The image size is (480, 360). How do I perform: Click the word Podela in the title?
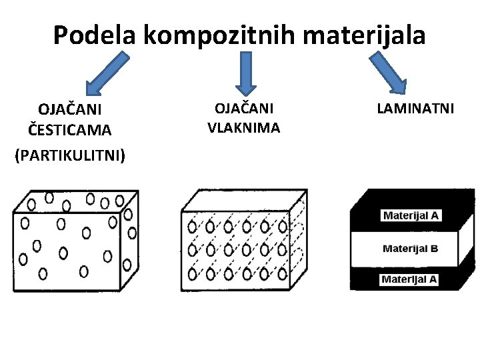point(95,35)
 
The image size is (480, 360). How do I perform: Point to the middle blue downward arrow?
point(246,72)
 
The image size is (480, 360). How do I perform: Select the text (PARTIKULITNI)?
point(69,155)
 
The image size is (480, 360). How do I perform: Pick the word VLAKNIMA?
point(243,127)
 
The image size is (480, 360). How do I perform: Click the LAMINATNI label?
point(415,107)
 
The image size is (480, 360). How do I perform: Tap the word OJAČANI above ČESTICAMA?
point(69,108)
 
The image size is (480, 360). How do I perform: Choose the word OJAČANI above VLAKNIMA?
point(243,107)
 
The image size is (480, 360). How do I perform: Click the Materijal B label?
point(410,249)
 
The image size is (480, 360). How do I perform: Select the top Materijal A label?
point(411,216)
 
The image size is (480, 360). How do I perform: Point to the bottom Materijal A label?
point(409,279)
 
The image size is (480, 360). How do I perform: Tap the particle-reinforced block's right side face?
point(130,240)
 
